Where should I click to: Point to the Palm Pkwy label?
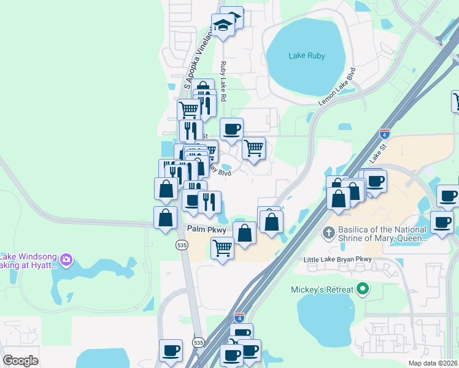point(207,229)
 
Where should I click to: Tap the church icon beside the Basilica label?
point(328,234)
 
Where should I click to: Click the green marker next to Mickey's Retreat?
point(363,289)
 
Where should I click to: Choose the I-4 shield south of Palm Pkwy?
point(239,317)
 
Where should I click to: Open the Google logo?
point(20,361)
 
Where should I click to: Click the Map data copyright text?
point(433,363)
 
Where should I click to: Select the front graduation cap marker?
point(223,26)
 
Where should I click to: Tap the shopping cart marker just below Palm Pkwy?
point(222,248)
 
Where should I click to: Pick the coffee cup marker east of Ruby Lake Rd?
point(231,129)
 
